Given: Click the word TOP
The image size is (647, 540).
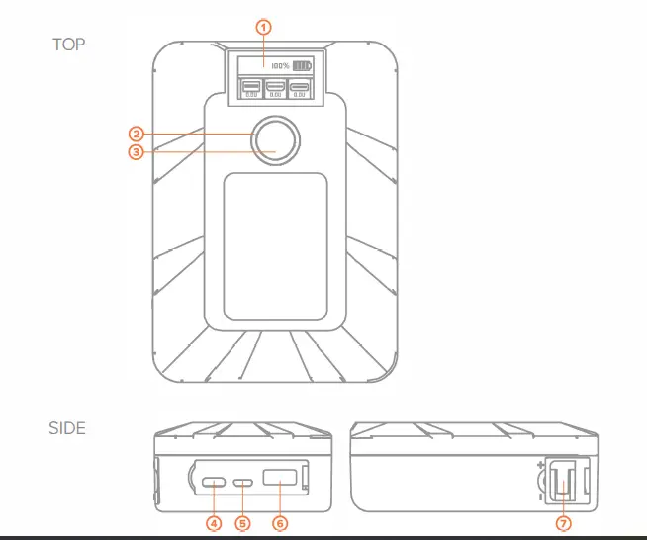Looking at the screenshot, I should (68, 45).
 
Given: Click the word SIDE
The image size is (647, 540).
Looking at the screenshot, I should (67, 428).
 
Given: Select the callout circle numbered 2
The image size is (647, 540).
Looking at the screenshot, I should (138, 133).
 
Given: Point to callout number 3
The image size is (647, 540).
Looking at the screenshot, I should (138, 150).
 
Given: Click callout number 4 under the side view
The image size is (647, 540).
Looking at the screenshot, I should (213, 521).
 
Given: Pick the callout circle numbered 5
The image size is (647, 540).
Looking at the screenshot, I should (242, 521).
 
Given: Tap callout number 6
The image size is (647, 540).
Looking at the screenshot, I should (279, 521).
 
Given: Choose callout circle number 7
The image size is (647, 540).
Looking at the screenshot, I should (564, 521).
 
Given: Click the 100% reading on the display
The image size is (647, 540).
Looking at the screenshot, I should (280, 66).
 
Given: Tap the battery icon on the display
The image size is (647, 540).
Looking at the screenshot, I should (301, 66).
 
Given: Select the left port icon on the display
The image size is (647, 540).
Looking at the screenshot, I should (250, 87).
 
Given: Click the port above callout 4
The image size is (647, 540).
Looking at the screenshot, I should (214, 484).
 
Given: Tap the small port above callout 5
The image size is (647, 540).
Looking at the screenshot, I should (243, 485).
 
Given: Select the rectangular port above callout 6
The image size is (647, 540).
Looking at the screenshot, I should (280, 484).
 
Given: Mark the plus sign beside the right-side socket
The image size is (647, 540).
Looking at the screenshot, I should (539, 464).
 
